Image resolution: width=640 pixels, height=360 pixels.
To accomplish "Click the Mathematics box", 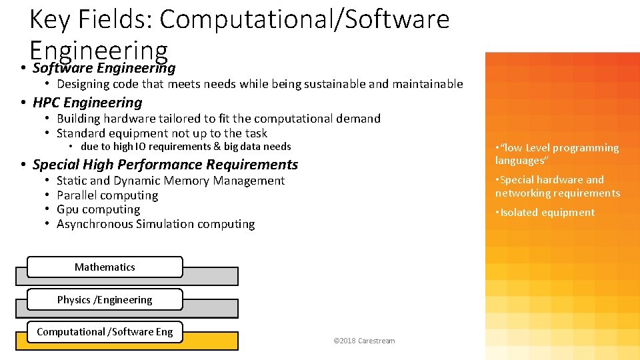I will (x=105, y=267).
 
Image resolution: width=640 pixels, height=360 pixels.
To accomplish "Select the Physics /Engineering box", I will (x=105, y=299).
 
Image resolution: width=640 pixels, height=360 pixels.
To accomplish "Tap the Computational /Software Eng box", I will (x=105, y=331).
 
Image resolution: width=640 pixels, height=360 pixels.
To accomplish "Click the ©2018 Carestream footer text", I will (x=364, y=341).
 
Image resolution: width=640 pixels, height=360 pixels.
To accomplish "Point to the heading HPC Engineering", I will (x=87, y=103).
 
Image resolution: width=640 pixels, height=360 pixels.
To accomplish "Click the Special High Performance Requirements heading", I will (x=165, y=164).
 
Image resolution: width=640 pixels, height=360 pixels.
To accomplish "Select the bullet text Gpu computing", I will (x=98, y=209).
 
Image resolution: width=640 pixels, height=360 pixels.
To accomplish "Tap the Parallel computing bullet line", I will (x=107, y=195).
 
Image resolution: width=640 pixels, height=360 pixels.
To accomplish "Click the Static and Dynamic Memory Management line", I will (x=171, y=181).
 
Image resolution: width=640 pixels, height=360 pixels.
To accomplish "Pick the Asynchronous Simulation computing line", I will (x=155, y=224).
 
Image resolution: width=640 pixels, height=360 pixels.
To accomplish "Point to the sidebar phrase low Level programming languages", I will (x=557, y=154).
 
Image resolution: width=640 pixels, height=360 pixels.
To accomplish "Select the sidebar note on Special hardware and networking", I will (x=557, y=186).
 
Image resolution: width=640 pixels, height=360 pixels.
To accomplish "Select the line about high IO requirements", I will (x=186, y=147).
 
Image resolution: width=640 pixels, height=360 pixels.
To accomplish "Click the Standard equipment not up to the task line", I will (x=162, y=133).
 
